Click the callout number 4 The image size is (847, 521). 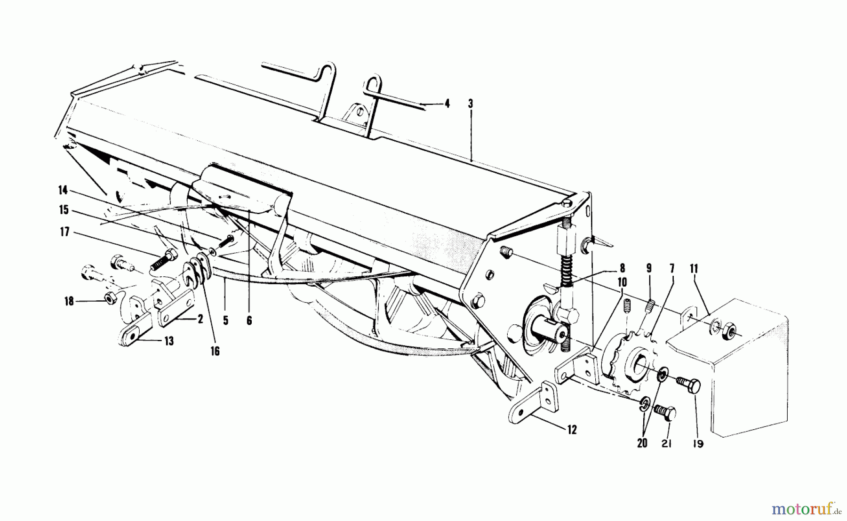(447, 104)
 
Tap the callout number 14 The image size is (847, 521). (63, 190)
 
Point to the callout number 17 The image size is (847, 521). (64, 232)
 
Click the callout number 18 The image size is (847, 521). (69, 301)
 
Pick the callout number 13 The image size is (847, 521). (168, 341)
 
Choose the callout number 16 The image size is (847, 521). (215, 351)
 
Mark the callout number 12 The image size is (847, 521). (571, 429)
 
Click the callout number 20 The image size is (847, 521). (642, 443)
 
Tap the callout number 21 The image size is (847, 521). (666, 443)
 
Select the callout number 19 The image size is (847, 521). (698, 443)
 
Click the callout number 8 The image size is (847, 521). (622, 269)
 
